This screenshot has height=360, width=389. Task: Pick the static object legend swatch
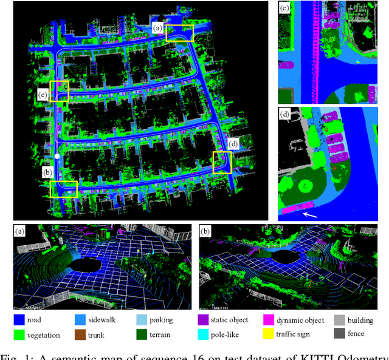(203, 320)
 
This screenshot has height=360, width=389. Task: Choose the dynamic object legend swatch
(268, 320)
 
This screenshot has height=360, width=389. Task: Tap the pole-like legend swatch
(203, 334)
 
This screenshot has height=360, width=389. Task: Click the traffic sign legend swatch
(268, 334)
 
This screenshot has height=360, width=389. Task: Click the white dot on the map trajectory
(57, 157)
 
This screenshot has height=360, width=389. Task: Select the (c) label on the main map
(43, 95)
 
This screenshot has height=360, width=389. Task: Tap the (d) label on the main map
(233, 144)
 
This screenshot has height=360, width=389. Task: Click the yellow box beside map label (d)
(222, 163)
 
